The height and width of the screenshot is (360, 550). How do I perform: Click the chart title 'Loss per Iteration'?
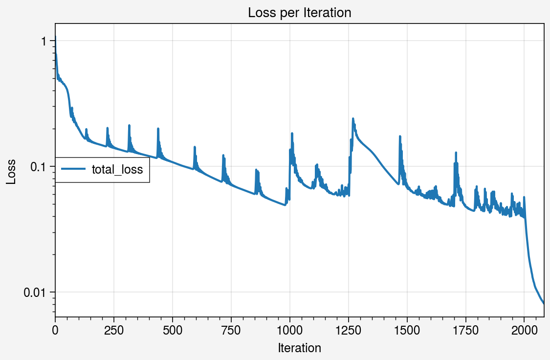pos(299,13)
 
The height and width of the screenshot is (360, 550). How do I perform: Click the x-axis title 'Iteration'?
pos(299,348)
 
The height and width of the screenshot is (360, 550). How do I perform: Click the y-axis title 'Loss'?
pos(11,172)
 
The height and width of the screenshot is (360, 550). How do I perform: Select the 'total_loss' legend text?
pos(117,170)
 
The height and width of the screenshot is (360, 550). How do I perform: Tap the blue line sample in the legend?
pos(73,170)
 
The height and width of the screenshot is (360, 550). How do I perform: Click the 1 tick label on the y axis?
pos(44,41)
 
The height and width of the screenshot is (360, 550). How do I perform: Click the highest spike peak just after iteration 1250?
pos(352,118)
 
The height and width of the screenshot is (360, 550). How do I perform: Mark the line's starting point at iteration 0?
pos(55,37)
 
